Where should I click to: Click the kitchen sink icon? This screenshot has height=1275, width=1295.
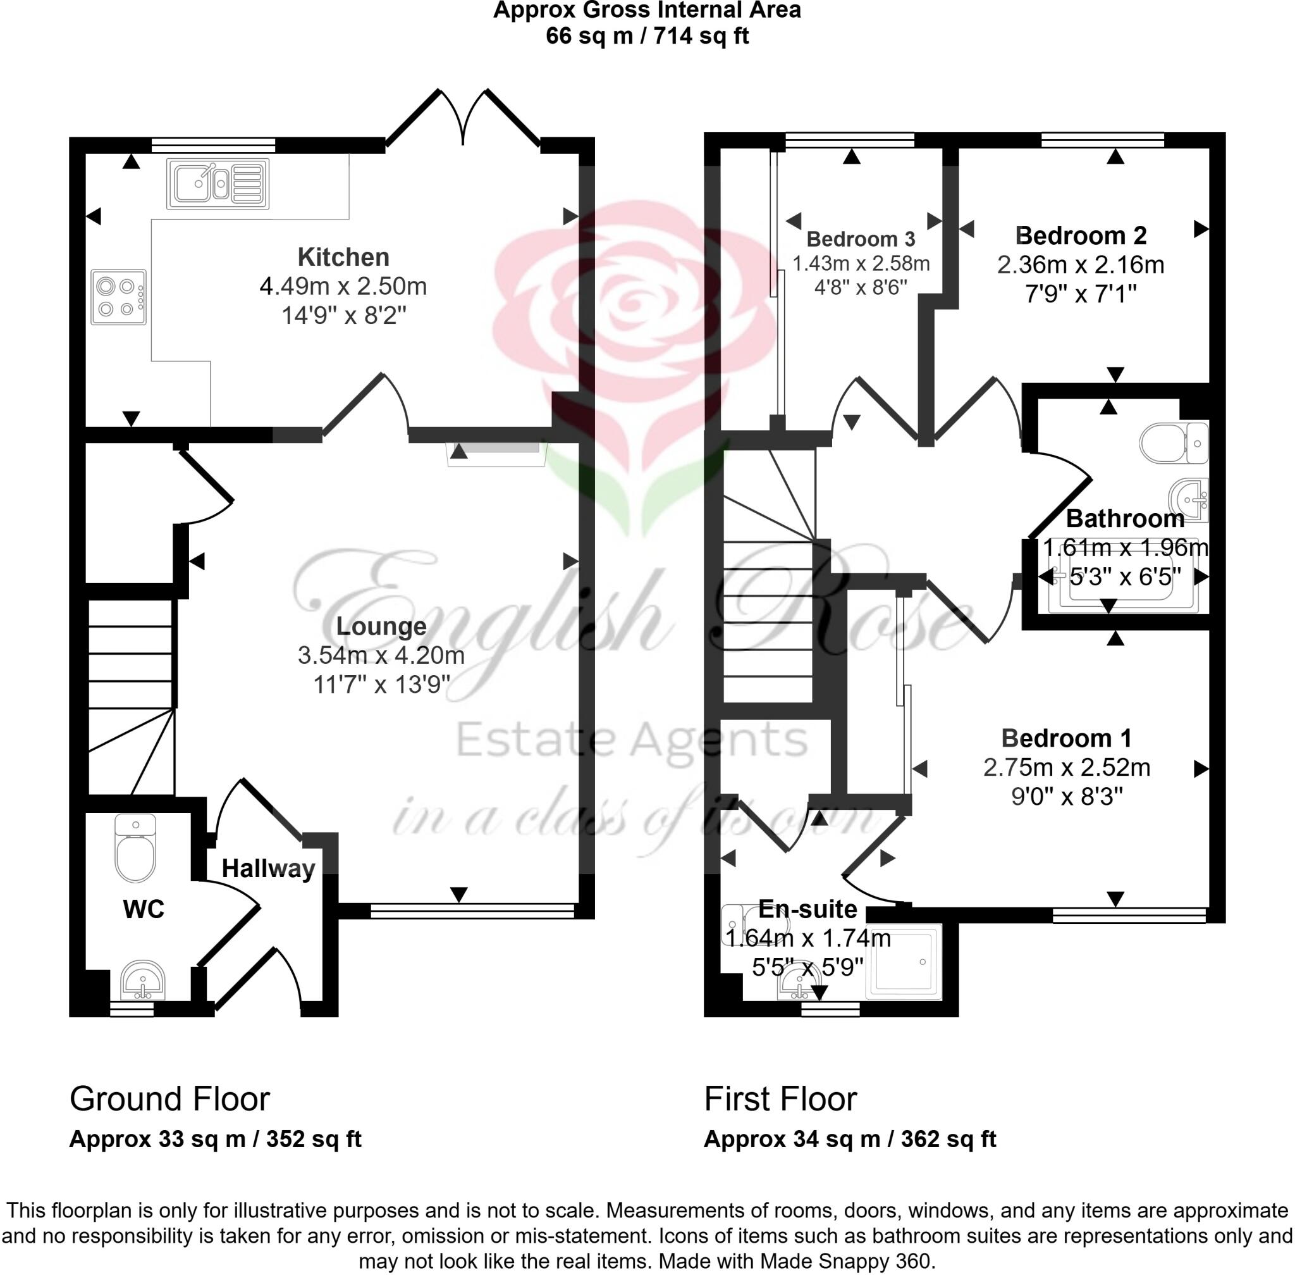point(218,183)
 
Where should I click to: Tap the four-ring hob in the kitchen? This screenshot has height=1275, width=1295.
point(118,297)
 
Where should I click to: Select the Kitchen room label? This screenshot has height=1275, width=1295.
point(343,257)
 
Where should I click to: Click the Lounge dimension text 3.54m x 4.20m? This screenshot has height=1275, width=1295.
point(381,655)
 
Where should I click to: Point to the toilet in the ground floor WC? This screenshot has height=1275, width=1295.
point(135,850)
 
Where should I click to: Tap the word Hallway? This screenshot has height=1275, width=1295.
point(268,869)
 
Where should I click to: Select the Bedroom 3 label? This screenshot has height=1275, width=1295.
point(860,239)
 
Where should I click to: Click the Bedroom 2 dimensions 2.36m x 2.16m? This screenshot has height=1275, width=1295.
point(1080,265)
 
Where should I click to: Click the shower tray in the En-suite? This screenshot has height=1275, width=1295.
point(903,962)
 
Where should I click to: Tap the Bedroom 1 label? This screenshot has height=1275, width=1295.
point(1066,738)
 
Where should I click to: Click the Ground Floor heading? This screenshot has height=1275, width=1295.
point(169,1099)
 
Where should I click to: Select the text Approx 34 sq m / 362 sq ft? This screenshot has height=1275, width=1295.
point(849,1139)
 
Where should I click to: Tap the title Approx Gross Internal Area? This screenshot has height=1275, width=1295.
point(646,11)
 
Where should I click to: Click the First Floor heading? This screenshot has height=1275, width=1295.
point(780,1099)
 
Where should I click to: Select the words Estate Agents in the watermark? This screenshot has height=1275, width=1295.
point(631,740)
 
